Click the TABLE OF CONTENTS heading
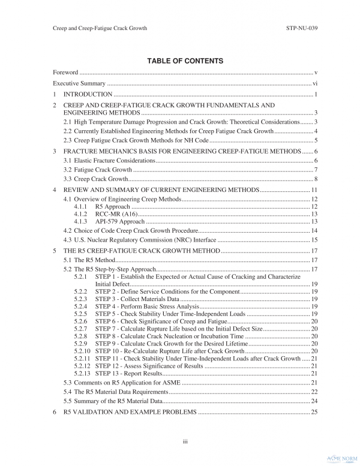(x=180, y=61)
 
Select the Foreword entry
(x=66, y=73)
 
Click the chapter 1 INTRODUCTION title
(x=88, y=95)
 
